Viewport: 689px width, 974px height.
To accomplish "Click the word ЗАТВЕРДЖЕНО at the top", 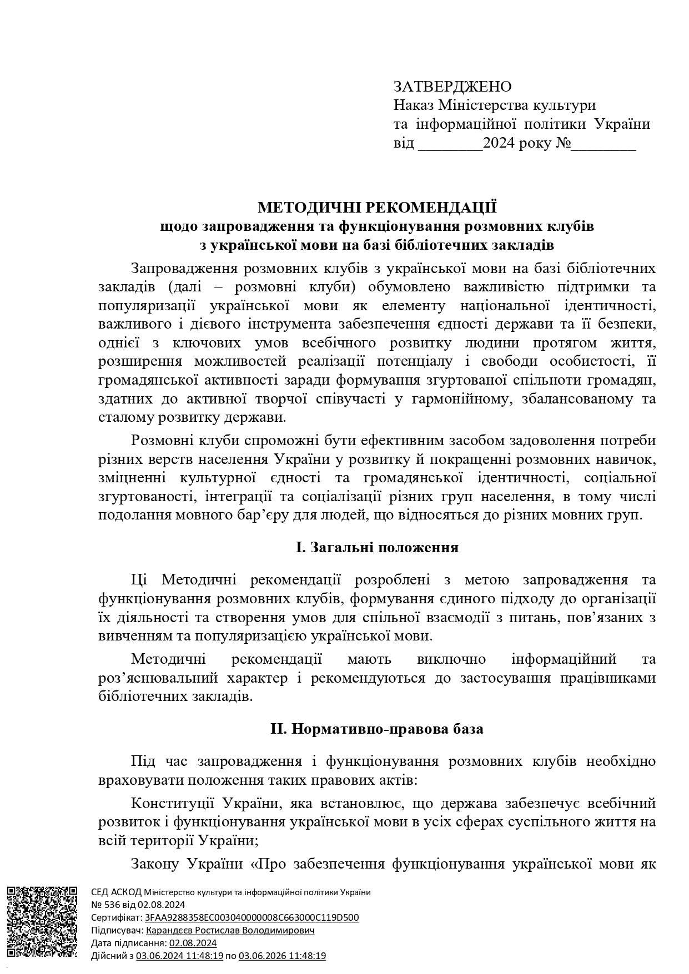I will [452, 87].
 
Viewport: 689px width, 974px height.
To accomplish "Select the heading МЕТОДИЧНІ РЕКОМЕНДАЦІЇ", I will [377, 208].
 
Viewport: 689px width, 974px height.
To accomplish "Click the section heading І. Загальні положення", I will [377, 547].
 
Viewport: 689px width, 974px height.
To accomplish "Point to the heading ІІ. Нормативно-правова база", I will [377, 728].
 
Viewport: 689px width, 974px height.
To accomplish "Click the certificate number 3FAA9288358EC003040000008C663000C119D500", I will [252, 917].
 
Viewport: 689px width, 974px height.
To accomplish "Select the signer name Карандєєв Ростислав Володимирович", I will [230, 930].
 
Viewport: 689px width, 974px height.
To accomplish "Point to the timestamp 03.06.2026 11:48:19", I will [282, 955].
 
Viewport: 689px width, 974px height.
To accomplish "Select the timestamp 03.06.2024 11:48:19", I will [179, 955].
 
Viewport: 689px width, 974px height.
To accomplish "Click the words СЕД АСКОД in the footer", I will [116, 892].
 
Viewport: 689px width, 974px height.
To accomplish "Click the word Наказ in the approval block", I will [414, 105].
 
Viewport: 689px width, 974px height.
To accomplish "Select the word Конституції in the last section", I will [172, 803].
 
